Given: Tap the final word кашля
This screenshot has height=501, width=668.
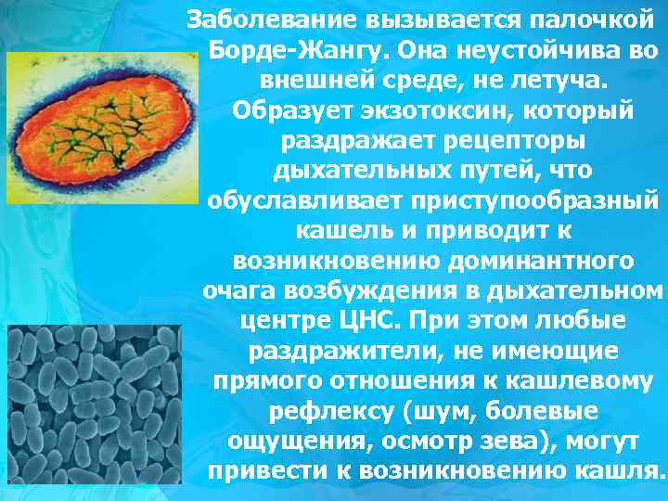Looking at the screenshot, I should coord(626,472).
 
